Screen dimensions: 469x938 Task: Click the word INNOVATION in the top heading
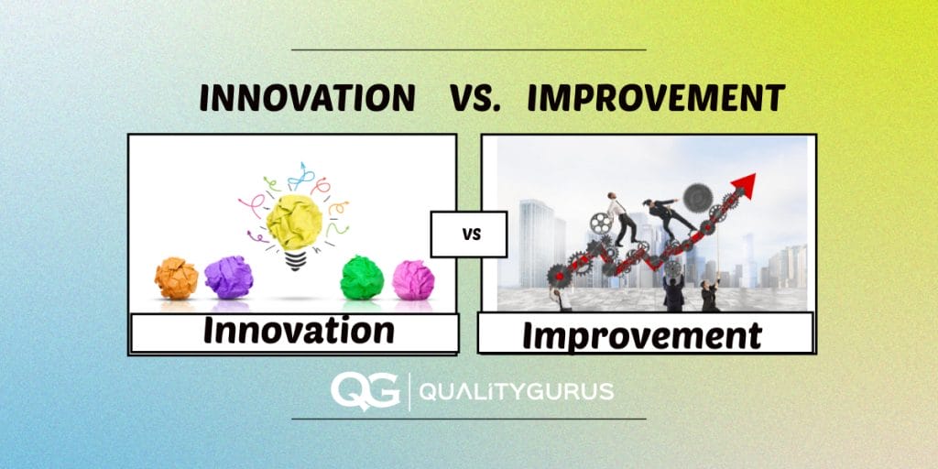click(307, 97)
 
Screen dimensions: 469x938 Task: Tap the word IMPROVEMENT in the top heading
click(656, 97)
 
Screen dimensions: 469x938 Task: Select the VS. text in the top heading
click(474, 98)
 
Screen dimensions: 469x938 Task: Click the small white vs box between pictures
click(468, 234)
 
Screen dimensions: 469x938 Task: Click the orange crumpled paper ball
click(176, 278)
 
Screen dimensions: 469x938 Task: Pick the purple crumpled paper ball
click(228, 276)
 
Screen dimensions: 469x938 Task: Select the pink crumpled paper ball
click(413, 280)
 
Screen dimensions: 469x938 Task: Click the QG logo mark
click(365, 392)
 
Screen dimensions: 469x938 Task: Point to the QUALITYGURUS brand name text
click(516, 393)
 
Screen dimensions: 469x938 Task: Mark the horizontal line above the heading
click(468, 49)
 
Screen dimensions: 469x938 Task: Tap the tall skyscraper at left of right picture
click(536, 243)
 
